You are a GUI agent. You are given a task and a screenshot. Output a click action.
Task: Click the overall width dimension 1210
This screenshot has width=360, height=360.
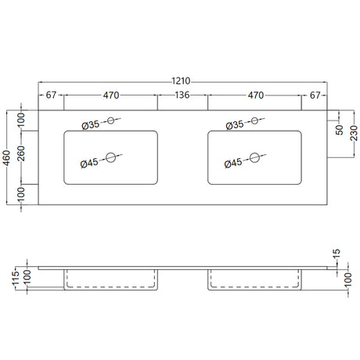(x=181, y=81)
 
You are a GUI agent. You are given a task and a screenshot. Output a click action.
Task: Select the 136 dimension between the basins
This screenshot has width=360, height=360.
(x=182, y=95)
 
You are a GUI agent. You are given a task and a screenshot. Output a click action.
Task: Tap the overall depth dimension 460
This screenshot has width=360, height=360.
(x=6, y=157)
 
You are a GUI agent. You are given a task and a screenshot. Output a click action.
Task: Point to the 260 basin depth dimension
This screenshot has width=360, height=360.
(x=20, y=153)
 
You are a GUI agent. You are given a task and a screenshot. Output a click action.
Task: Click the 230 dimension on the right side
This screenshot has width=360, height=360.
(x=354, y=133)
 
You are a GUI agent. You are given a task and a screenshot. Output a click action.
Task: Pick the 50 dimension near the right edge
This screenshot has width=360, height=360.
(x=340, y=130)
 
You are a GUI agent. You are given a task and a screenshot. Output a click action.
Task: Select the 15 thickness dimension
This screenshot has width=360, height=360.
(x=337, y=253)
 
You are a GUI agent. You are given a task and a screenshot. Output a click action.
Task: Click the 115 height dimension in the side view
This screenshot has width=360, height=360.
(x=16, y=278)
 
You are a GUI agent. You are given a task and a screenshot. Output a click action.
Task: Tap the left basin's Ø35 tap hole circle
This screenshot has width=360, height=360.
(x=111, y=121)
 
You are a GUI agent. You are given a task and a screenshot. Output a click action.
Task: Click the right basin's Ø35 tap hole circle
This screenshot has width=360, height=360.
(x=254, y=121)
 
